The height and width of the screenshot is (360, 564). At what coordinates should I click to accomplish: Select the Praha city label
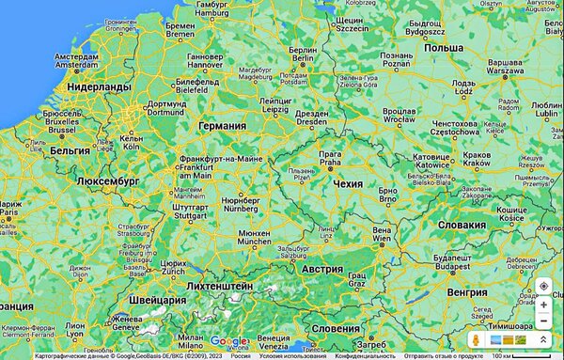pyautogui.click(x=330, y=157)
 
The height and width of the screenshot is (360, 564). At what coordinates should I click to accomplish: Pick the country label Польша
pyautogui.click(x=443, y=47)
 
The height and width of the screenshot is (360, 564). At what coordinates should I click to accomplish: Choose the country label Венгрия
pyautogui.click(x=467, y=292)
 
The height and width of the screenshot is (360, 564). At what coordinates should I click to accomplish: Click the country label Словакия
pyautogui.click(x=462, y=225)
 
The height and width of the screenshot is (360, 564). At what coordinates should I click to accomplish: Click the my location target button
pyautogui.click(x=543, y=286)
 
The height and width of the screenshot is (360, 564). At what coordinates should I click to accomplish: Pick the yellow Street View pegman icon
pyautogui.click(x=477, y=339)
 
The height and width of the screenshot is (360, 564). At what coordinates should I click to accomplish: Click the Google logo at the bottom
pyautogui.click(x=228, y=340)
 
